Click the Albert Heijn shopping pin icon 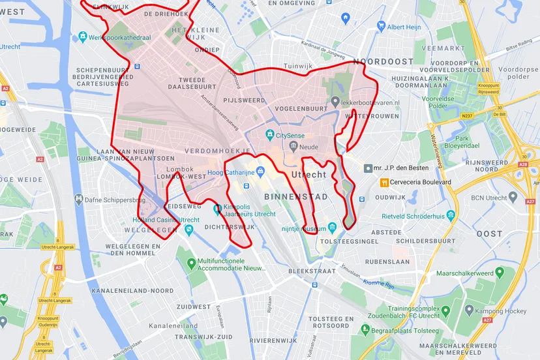tap(381, 27)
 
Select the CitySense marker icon tap(269, 135)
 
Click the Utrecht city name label tap(308, 175)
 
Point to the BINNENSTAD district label tap(295, 196)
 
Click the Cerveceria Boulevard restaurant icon tap(385, 182)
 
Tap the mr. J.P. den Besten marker tap(368, 168)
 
